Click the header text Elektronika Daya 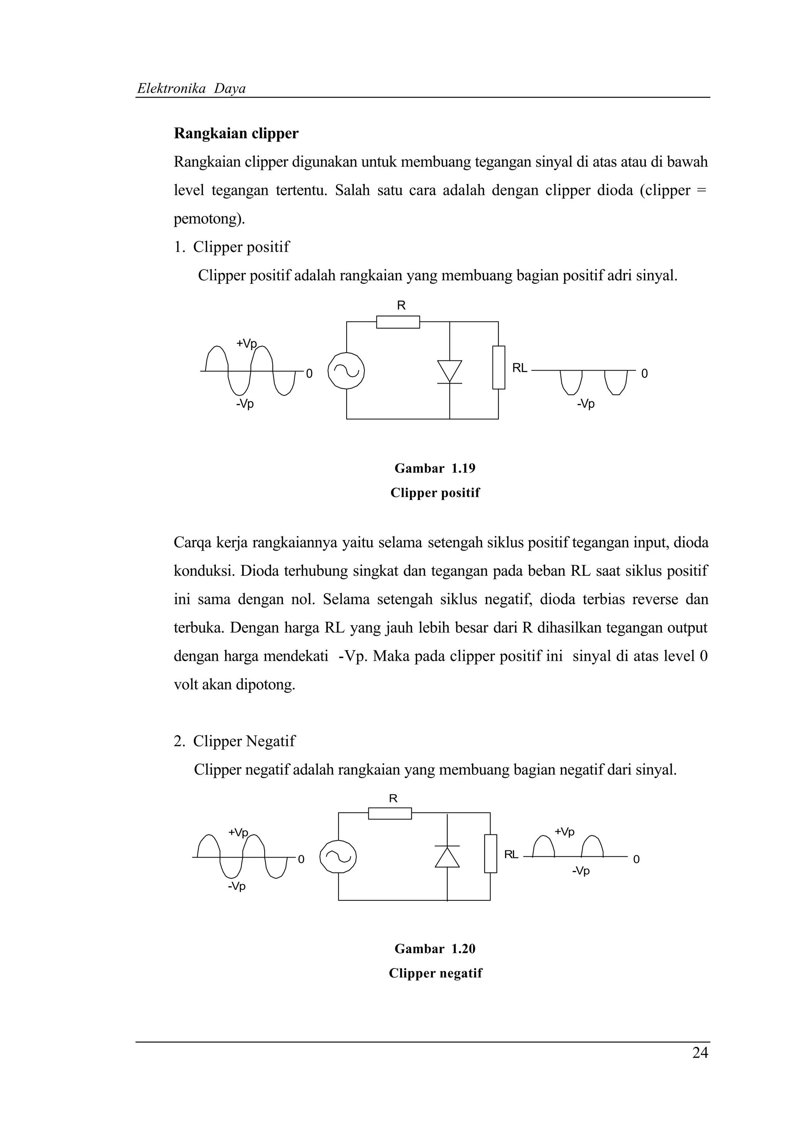(x=191, y=88)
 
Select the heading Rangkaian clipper (x=236, y=134)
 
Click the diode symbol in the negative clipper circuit (x=447, y=857)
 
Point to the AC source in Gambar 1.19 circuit (x=346, y=371)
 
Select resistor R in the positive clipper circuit (x=398, y=322)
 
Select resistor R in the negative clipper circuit (x=390, y=814)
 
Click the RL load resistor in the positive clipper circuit (x=498, y=367)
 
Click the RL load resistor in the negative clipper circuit (x=490, y=853)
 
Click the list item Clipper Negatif (x=244, y=741)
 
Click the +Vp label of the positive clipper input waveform (x=246, y=343)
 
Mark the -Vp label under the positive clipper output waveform (x=585, y=404)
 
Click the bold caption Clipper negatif (x=435, y=973)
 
